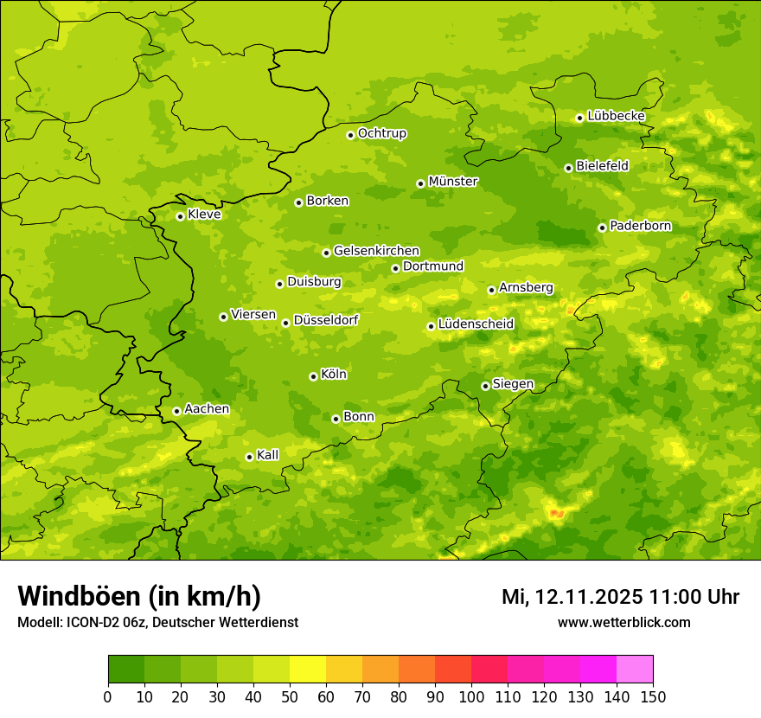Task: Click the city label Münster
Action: click(453, 182)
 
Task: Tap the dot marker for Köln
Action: click(313, 376)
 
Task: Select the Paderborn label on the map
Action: click(641, 226)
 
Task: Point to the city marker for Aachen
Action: click(176, 411)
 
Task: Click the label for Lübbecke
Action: click(617, 116)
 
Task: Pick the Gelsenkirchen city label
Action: click(376, 251)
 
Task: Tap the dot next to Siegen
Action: click(485, 386)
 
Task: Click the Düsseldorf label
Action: click(326, 320)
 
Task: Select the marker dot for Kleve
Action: click(180, 216)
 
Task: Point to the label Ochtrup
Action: click(382, 133)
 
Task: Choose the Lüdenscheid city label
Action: click(476, 324)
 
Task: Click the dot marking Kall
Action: click(249, 457)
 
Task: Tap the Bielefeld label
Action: click(603, 165)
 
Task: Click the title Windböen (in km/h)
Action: click(139, 596)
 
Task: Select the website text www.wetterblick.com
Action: click(624, 622)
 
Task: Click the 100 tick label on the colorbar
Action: click(471, 696)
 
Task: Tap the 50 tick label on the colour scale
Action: click(290, 696)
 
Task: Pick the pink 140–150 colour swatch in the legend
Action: click(635, 670)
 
